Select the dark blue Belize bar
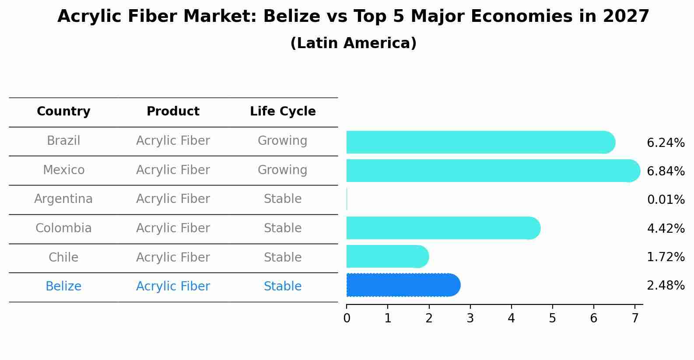pyautogui.click(x=403, y=285)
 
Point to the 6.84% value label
pyautogui.click(x=665, y=171)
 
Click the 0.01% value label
pyautogui.click(x=665, y=200)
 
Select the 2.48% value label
pyautogui.click(x=665, y=286)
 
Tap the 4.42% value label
pyautogui.click(x=665, y=228)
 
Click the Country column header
pyautogui.click(x=63, y=112)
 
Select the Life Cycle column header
pyautogui.click(x=283, y=112)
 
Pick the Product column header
pyautogui.click(x=173, y=112)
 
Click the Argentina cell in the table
pyautogui.click(x=63, y=199)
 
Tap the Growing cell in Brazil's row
pyautogui.click(x=283, y=141)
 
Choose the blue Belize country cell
pyautogui.click(x=63, y=287)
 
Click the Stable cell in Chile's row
pyautogui.click(x=283, y=257)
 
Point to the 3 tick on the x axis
pyautogui.click(x=470, y=318)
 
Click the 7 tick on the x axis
pyautogui.click(x=634, y=318)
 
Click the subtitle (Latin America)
pyautogui.click(x=353, y=43)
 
